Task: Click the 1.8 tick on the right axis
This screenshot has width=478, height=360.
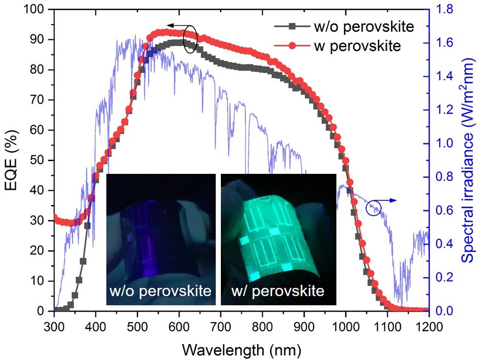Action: [443, 9]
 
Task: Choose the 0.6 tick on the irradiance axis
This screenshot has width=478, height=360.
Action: [443, 210]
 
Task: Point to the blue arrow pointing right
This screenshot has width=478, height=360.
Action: [390, 201]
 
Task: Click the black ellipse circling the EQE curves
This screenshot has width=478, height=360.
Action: [190, 39]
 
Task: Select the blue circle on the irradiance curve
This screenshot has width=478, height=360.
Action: [374, 208]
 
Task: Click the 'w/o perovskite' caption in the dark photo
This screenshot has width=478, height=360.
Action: [161, 291]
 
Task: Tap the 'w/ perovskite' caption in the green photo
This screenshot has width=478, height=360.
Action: [278, 291]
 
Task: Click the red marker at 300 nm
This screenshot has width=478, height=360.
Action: [55, 217]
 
